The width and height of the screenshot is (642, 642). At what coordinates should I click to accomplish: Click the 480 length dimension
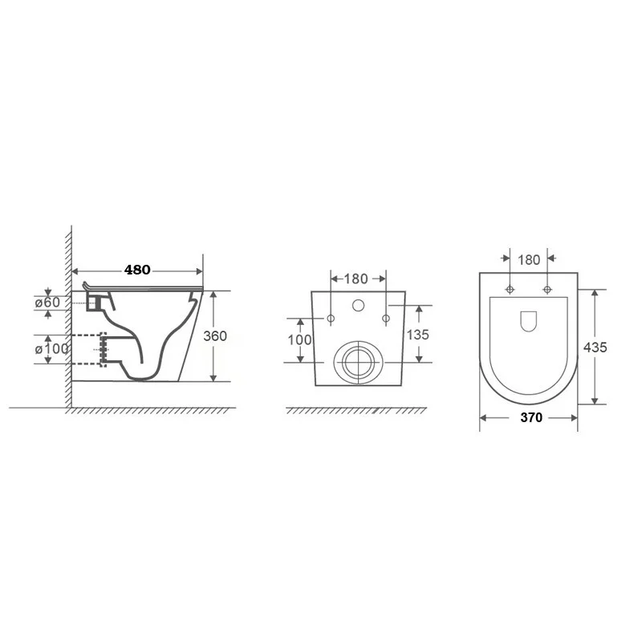click(137, 270)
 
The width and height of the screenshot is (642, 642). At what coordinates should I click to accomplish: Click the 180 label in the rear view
click(356, 279)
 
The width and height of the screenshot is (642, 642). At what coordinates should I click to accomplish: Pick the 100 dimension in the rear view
click(299, 339)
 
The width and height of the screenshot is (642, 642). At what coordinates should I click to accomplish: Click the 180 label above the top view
click(529, 260)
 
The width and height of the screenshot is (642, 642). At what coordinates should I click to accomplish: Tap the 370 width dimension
click(530, 417)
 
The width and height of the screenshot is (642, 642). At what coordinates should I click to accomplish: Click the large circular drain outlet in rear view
click(358, 362)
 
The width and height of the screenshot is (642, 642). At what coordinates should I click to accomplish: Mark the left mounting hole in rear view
click(331, 319)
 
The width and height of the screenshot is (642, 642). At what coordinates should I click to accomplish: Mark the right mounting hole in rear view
click(386, 319)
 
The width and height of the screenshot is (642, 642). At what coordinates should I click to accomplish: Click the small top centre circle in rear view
click(358, 305)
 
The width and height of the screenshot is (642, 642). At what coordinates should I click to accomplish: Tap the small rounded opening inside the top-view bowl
click(529, 321)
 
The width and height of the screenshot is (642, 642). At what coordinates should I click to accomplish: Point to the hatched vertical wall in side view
click(67, 321)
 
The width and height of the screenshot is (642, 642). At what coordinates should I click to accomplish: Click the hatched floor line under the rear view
click(356, 411)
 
